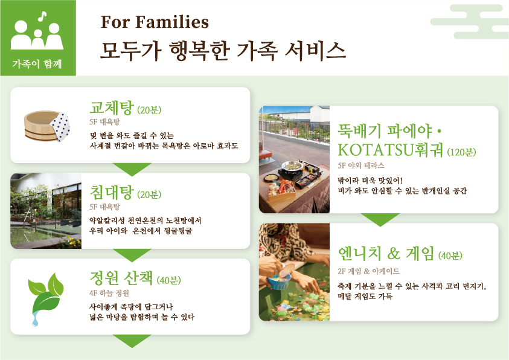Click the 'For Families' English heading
point(155,22)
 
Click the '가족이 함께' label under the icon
point(37,63)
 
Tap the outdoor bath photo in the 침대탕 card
point(46,211)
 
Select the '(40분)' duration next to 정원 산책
point(168,280)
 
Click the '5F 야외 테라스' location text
point(361,165)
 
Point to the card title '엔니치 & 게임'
point(386,254)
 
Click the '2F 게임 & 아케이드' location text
point(368,271)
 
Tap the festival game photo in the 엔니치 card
point(294,272)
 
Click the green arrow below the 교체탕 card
point(132,169)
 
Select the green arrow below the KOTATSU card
point(380,219)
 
